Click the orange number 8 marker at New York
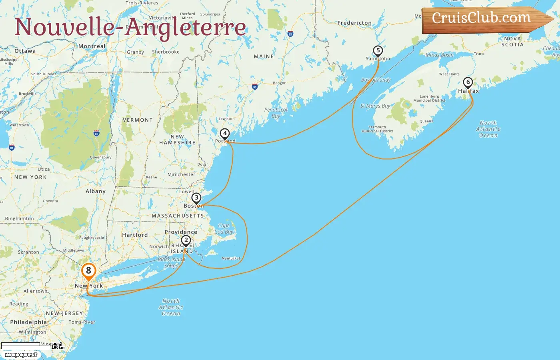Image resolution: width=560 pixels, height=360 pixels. click(x=88, y=271)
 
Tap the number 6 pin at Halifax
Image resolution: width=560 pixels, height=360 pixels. click(x=468, y=82)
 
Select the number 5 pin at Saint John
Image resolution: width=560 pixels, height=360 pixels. click(x=378, y=51)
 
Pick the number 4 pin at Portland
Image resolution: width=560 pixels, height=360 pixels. click(x=225, y=134)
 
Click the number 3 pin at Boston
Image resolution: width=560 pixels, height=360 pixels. click(x=196, y=198)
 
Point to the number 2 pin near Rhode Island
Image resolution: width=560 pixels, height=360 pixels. click(x=186, y=240)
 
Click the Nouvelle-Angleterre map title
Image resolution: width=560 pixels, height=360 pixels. click(x=130, y=27)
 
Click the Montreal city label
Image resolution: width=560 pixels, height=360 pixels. click(x=92, y=46)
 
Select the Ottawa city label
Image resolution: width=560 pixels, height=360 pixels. click(x=25, y=51)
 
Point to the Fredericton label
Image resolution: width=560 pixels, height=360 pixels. click(x=354, y=23)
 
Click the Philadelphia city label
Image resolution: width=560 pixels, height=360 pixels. click(x=28, y=322)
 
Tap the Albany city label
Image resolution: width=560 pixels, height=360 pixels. click(x=95, y=191)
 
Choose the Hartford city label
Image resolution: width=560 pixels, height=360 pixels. click(x=135, y=235)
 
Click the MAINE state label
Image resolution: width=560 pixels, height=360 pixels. click(x=264, y=57)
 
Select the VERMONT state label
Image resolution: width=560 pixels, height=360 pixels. click(x=138, y=120)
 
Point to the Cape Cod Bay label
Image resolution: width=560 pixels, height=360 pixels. click(x=224, y=229)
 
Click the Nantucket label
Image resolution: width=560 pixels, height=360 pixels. click(x=231, y=258)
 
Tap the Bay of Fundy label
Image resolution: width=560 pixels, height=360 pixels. click(x=376, y=80)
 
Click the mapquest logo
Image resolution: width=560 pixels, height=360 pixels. click(x=21, y=355)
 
